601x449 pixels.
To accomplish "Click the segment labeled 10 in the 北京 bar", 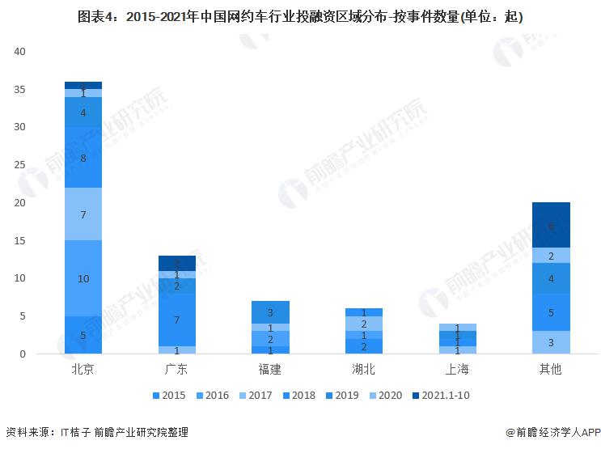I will point(83,278).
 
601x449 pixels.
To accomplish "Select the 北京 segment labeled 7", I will point(83,214).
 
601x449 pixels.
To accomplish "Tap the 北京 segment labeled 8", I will point(83,158).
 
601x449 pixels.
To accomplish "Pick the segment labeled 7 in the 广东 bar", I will point(176,320).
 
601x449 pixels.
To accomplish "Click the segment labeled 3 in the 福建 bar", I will point(270,312).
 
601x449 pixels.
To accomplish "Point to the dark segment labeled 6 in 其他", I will point(550,226).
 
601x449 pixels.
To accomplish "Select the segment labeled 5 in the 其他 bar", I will point(550,312).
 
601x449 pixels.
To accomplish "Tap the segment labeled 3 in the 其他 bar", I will point(550,343).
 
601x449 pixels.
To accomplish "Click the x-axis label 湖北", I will point(363,370).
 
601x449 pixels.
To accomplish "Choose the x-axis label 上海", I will point(456,370).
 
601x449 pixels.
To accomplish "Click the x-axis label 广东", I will point(176,370).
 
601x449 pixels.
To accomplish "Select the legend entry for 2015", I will point(168,396).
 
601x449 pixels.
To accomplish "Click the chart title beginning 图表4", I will point(299,16).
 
